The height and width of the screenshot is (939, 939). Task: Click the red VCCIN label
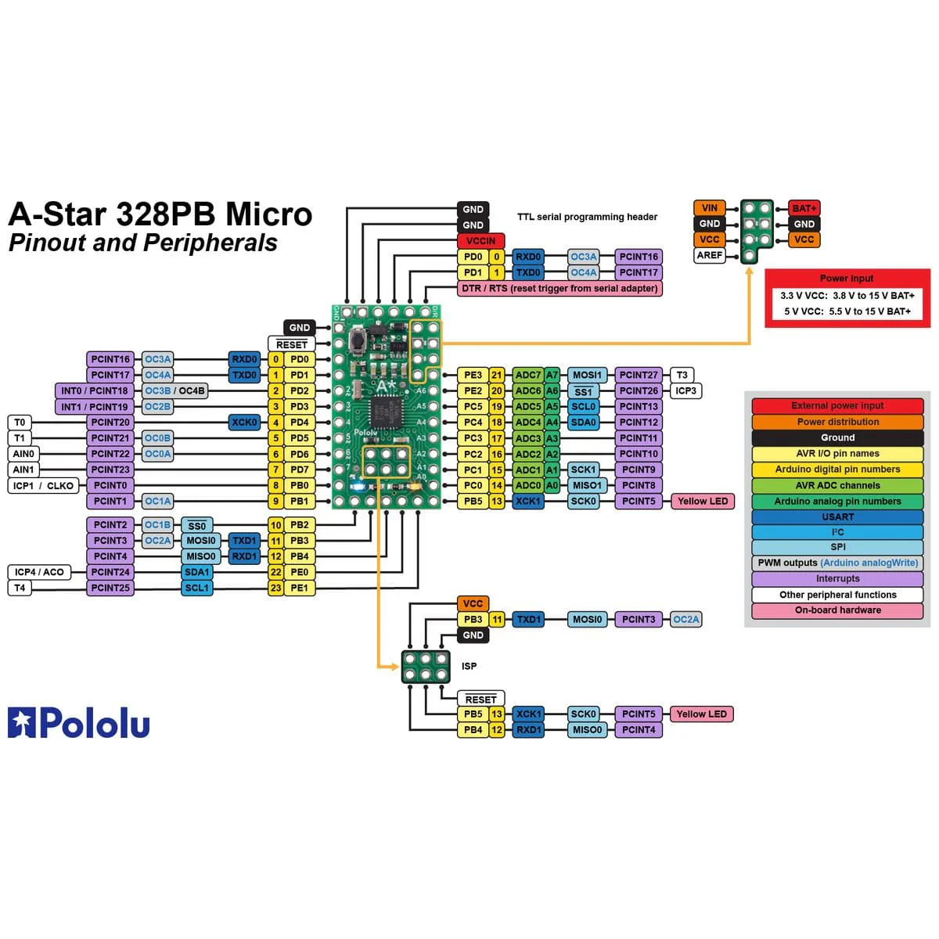coord(480,241)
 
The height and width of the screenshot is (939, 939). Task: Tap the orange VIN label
coord(709,208)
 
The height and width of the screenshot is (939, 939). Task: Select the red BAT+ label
coord(804,208)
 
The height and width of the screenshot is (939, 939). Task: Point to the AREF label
coord(709,255)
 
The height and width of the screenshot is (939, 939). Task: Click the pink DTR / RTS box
coord(559,289)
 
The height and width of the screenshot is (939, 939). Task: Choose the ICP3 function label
coord(685,390)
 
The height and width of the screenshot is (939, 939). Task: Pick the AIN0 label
coord(23,454)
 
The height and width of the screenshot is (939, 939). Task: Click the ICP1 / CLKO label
coord(43,485)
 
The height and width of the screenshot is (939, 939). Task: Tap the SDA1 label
coord(196,572)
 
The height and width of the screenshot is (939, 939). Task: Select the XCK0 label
coord(244,423)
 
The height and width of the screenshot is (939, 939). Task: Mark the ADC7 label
coord(528,375)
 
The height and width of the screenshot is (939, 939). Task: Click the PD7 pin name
coord(299,469)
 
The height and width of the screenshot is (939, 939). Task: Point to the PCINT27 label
coord(639,375)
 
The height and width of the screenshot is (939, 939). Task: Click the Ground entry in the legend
coord(837,437)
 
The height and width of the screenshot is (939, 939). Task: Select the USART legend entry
coord(837,516)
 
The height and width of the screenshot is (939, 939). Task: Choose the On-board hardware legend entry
coord(837,610)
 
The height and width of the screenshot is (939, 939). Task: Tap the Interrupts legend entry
coord(837,579)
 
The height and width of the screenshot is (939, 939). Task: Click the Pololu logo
coord(78,723)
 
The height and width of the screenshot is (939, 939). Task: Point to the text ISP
coord(469,666)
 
